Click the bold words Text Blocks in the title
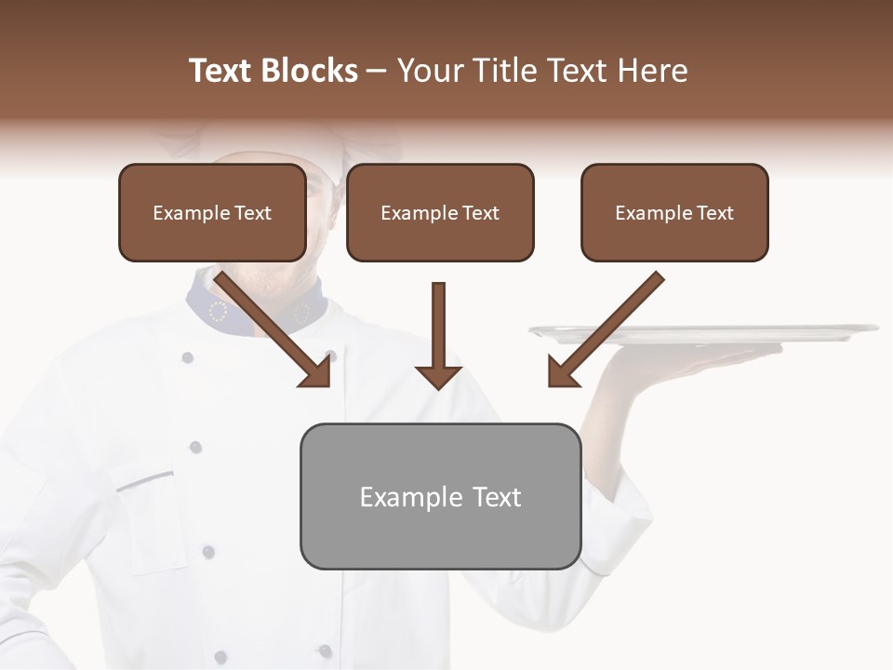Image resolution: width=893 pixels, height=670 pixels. pos(273,71)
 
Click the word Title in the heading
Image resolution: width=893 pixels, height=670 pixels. pos(504,71)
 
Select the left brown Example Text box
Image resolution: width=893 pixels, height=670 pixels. pos(212,212)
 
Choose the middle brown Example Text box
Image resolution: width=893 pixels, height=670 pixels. pos(440,212)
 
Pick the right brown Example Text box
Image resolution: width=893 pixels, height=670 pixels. pos(674,212)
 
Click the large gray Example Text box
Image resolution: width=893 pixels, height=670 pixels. pos(440,496)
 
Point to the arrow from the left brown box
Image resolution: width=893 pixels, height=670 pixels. pos(274,329)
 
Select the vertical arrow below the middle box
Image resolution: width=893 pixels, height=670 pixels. pos(438,335)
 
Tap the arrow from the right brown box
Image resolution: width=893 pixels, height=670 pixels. pos(605,329)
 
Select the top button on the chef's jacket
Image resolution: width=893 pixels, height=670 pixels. pos(187,357)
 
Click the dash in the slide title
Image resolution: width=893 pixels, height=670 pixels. pos(377,71)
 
